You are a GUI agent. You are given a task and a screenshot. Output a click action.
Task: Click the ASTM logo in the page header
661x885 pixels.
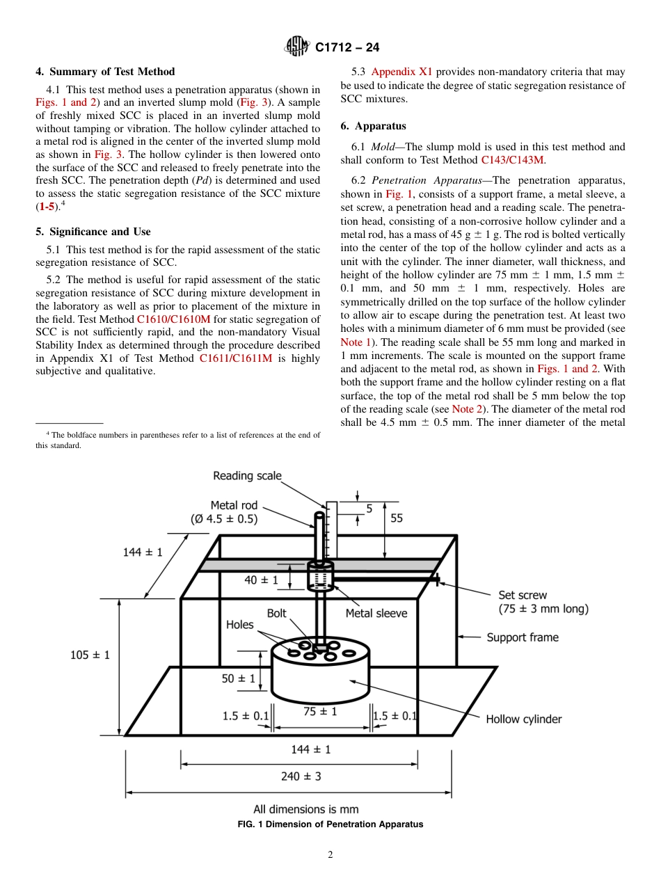click(297, 47)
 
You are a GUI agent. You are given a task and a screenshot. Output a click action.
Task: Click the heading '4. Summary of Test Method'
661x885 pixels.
click(105, 72)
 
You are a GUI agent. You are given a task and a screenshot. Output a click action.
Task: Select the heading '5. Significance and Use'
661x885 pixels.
click(93, 232)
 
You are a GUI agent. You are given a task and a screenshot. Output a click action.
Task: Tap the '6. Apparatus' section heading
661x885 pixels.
click(374, 126)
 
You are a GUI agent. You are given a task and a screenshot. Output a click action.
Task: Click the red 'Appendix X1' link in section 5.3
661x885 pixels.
click(401, 72)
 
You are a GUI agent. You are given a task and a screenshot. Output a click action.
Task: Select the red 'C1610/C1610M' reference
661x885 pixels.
click(173, 319)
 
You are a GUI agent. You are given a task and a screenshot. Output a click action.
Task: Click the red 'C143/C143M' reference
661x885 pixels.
click(512, 160)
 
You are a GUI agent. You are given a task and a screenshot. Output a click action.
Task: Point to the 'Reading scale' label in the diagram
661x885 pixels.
click(247, 476)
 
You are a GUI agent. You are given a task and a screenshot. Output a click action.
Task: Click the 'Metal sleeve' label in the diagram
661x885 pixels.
click(376, 613)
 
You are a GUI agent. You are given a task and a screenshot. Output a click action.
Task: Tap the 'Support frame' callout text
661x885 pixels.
click(522, 637)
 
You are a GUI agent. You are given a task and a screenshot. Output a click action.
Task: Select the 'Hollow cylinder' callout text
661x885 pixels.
click(523, 719)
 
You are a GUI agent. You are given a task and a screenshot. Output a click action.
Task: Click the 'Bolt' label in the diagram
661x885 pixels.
click(276, 614)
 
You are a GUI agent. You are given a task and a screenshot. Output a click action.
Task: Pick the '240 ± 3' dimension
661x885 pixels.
click(301, 776)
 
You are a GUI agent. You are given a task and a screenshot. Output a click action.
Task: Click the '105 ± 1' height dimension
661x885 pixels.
click(90, 655)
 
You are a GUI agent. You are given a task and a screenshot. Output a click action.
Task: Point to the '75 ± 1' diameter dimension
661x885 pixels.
click(320, 712)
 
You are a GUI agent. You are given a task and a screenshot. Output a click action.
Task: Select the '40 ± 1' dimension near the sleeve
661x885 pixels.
click(261, 580)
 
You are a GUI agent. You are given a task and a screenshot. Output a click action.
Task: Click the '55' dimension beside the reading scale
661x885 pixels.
click(397, 518)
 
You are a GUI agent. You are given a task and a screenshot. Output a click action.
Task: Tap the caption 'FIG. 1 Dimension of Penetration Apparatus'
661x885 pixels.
click(330, 824)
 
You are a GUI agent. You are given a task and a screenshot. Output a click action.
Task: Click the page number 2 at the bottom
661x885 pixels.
click(330, 855)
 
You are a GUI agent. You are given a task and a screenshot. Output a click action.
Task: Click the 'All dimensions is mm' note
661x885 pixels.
click(306, 809)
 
